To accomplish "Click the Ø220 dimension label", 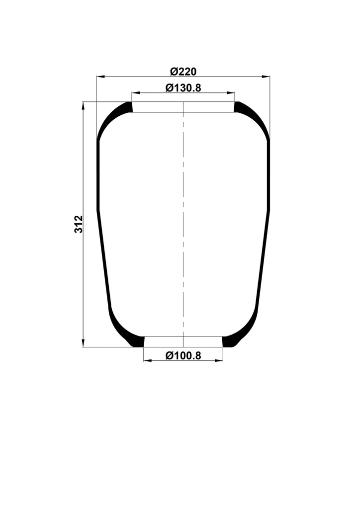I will tap(183, 72).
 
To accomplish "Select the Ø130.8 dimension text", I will tap(183, 88).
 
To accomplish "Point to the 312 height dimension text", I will tap(78, 225).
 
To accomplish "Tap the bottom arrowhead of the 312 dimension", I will tap(83, 343).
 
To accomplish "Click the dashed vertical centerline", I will tap(183, 224).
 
